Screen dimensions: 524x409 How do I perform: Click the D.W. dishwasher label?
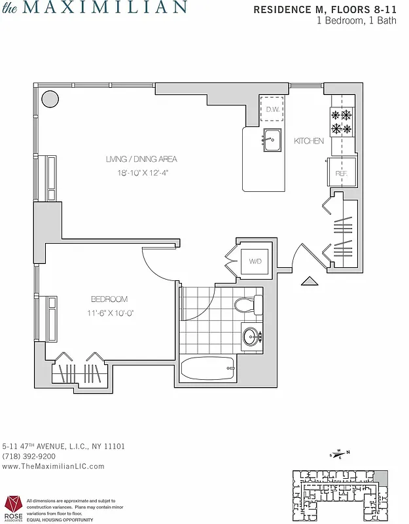[x=272, y=109]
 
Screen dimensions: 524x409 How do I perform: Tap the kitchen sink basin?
[x=272, y=140]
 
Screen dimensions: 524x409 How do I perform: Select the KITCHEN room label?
[x=309, y=141]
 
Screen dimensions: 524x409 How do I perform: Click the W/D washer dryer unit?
[x=255, y=261]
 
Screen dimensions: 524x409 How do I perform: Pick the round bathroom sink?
[x=251, y=337]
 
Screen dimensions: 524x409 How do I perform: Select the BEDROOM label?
[x=109, y=299]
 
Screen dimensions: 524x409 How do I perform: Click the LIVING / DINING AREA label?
[x=141, y=159]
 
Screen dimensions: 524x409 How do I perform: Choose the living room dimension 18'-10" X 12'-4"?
[x=141, y=173]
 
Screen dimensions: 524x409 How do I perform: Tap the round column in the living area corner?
[x=50, y=99]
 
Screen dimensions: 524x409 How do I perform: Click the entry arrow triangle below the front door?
[x=309, y=282]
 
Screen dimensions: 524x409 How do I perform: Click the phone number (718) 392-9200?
[x=29, y=457]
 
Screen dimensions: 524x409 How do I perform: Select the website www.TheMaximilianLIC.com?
[x=54, y=466]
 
